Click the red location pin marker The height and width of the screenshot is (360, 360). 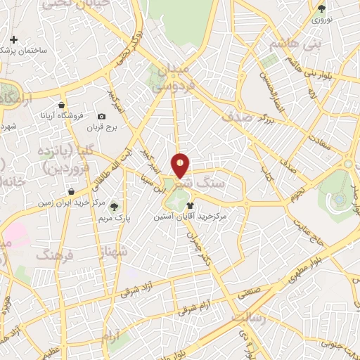pos(180,165)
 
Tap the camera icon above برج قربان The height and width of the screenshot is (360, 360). pos(102,116)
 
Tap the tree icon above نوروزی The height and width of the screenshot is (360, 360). pos(322,8)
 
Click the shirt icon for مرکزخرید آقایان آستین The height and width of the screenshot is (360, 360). pos(190,206)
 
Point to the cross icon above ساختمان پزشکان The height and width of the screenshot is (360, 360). pos(13,39)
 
